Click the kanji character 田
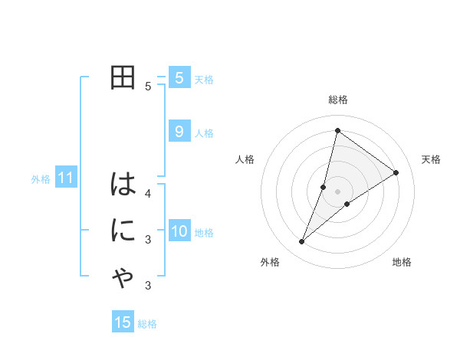[123, 78]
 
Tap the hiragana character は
[123, 184]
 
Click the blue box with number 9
[179, 132]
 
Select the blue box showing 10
[179, 231]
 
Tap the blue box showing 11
[66, 178]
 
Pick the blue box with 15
[123, 322]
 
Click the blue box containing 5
[179, 77]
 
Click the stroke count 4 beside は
[148, 192]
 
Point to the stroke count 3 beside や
[148, 286]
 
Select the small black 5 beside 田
[148, 86]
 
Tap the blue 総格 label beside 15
[147, 324]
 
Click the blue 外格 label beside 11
[41, 179]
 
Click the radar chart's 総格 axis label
[338, 100]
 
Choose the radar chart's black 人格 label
[245, 159]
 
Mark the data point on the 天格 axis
[396, 172]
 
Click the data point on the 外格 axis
[302, 241]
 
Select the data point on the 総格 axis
[337, 130]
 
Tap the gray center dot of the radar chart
[337, 191]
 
